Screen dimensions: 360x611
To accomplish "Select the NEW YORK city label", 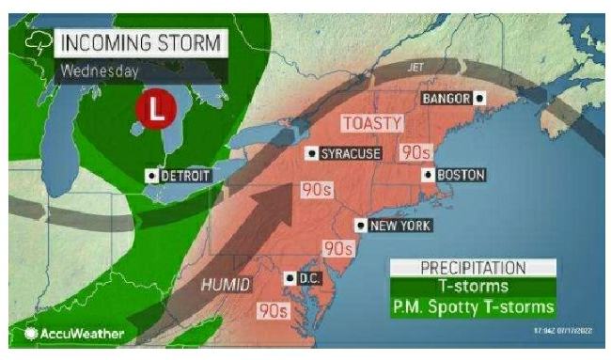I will point(399,225).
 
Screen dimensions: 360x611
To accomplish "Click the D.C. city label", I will point(309,278).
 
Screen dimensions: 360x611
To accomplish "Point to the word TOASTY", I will point(372,123).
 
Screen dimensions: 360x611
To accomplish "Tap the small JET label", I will point(416,68).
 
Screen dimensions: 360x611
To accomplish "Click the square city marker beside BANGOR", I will point(479,97).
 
